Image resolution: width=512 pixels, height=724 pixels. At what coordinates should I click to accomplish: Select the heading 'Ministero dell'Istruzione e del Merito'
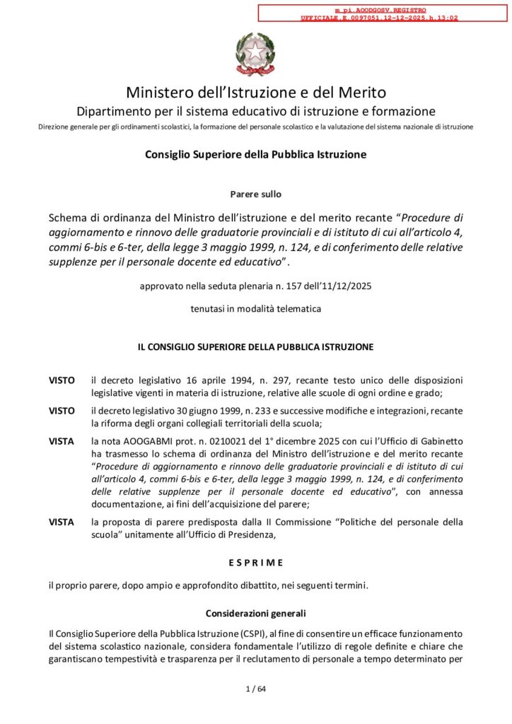click(x=255, y=93)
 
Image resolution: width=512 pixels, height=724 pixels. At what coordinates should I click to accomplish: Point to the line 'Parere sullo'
click(x=255, y=194)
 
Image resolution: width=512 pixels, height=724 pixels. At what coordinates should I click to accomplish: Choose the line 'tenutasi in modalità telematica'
click(x=255, y=309)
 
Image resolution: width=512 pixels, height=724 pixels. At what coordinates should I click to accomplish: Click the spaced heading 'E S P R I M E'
click(x=255, y=562)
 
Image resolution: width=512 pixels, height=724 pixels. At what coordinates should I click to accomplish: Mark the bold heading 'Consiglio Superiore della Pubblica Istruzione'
click(x=255, y=154)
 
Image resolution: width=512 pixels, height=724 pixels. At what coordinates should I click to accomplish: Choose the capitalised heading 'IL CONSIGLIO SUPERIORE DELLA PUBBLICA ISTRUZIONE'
click(x=255, y=347)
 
